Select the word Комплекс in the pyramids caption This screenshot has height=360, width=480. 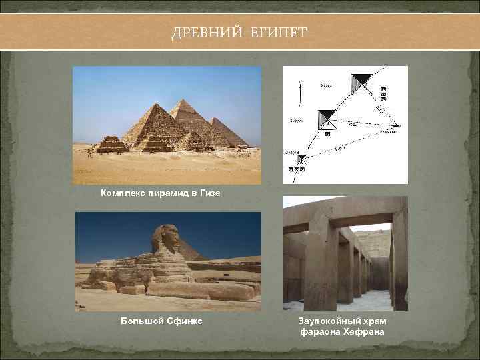point(125,193)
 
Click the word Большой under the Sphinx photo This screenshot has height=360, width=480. point(141,321)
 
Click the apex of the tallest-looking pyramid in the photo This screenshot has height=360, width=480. point(180,101)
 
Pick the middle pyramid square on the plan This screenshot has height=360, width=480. point(327,119)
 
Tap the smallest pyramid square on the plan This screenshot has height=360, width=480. point(301,160)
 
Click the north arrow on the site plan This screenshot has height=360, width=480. point(300,91)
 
